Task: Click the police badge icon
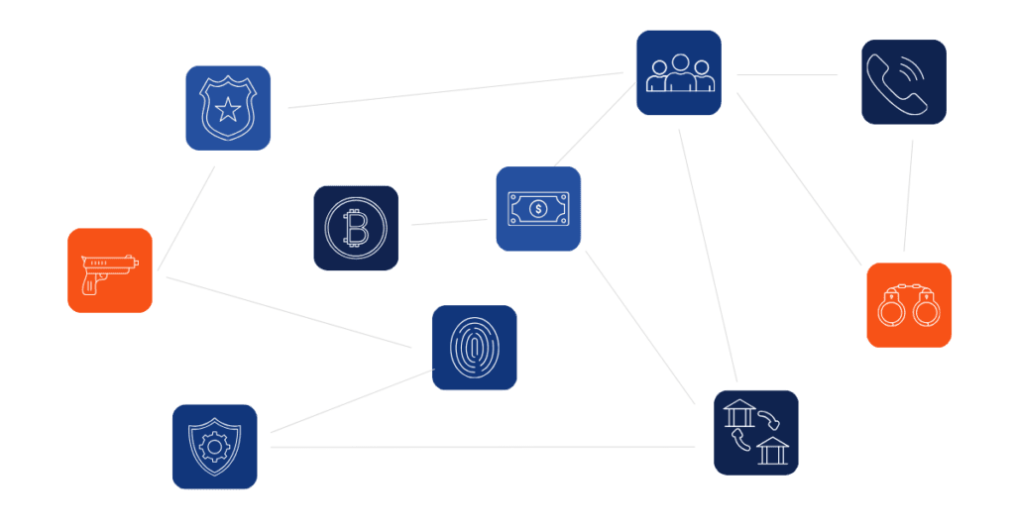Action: [x=228, y=107]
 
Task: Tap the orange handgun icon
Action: [x=110, y=270]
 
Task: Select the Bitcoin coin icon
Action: [x=356, y=228]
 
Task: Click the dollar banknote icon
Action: [x=538, y=208]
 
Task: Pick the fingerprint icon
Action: [x=474, y=348]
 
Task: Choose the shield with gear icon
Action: [x=214, y=446]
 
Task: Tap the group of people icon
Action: [x=678, y=73]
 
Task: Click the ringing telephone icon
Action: [x=903, y=81]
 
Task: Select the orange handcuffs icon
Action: [x=909, y=305]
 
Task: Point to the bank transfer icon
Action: [x=756, y=432]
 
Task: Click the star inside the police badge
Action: [x=228, y=108]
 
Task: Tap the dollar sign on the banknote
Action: [x=538, y=208]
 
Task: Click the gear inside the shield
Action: [x=214, y=447]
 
